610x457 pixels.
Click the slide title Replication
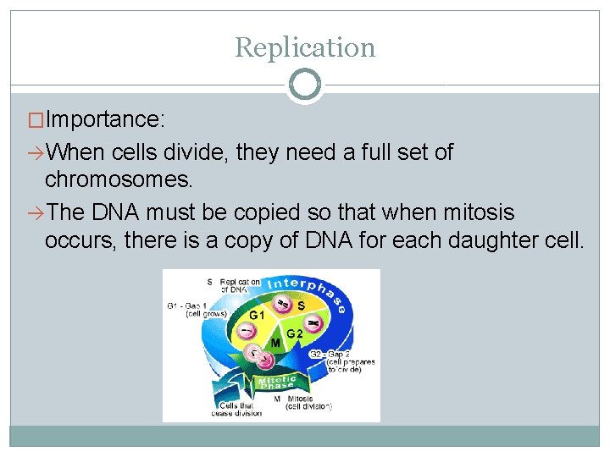pyautogui.click(x=305, y=47)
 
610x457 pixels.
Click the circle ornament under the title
pyautogui.click(x=305, y=85)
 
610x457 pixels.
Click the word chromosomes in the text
pyautogui.click(x=119, y=179)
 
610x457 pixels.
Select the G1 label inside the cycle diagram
pyautogui.click(x=256, y=316)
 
